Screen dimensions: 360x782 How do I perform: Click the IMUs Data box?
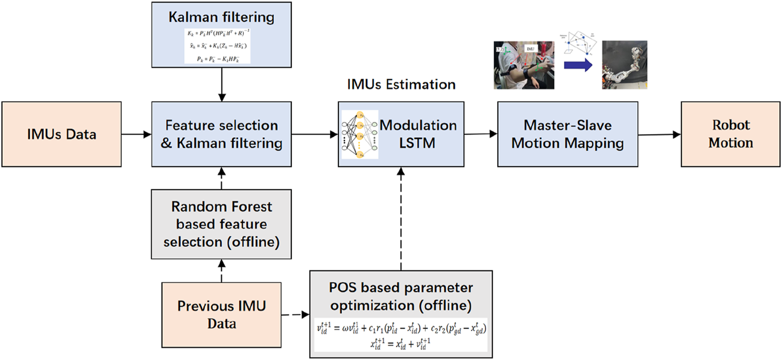61,134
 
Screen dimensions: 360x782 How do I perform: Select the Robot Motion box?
730,134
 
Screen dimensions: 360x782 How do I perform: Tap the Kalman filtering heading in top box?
221,18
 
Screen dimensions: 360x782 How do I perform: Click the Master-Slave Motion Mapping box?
567,134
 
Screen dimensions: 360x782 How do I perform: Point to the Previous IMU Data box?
221,314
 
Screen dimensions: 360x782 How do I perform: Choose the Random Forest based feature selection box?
221,224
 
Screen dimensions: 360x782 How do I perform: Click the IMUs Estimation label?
401,84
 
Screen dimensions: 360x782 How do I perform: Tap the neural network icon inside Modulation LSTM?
359,134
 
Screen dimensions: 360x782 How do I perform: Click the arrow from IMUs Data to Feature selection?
136,134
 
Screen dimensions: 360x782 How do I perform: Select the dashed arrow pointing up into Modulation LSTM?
401,220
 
